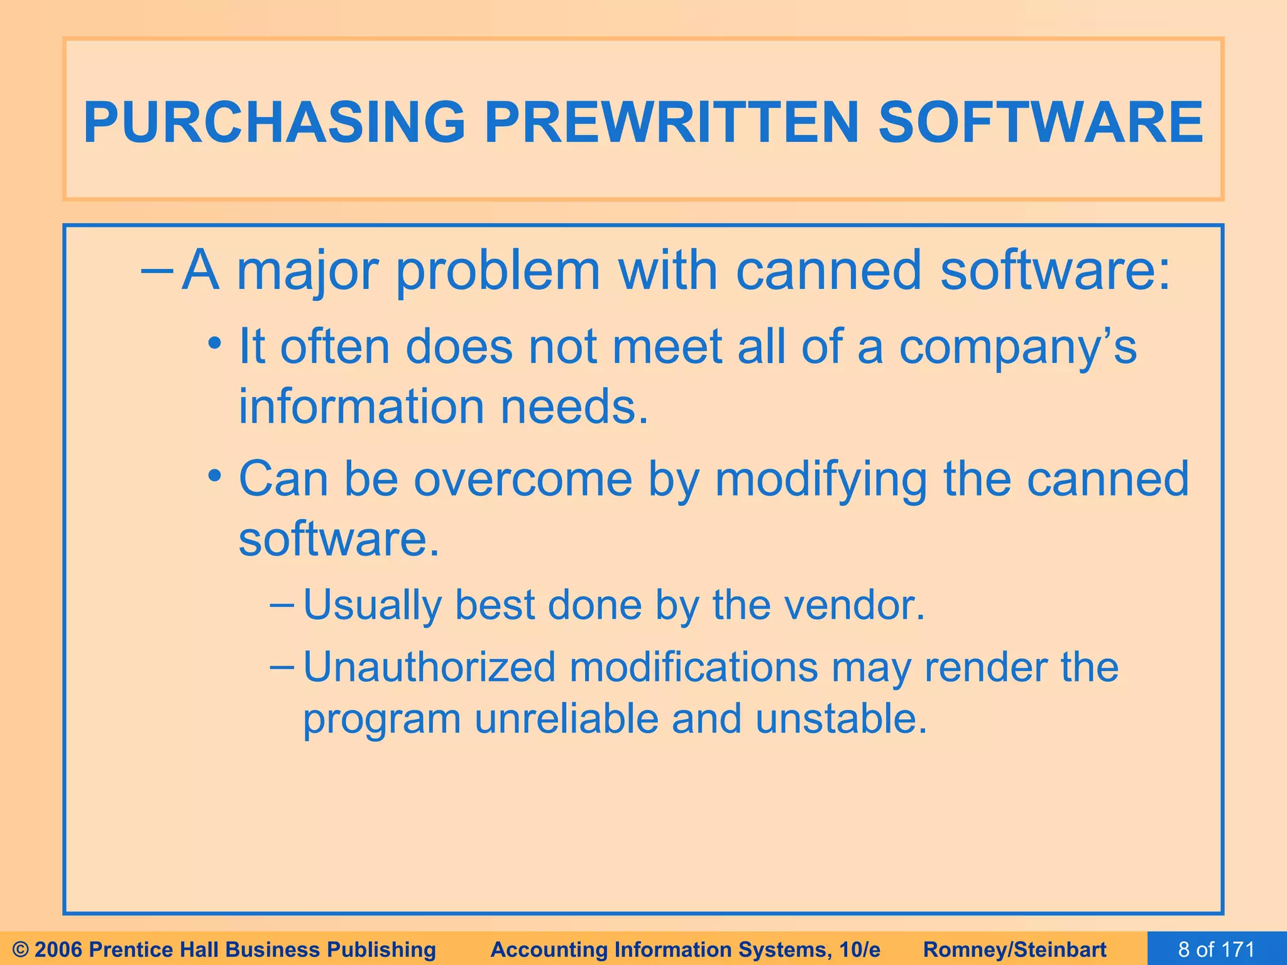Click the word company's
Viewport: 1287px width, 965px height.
(1017, 348)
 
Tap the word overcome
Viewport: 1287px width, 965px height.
(523, 480)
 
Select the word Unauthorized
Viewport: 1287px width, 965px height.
(429, 667)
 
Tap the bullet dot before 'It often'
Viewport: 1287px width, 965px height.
(216, 344)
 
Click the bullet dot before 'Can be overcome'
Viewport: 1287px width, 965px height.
(216, 476)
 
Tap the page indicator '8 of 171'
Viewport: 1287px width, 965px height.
(1216, 949)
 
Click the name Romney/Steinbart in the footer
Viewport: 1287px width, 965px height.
(1015, 949)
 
